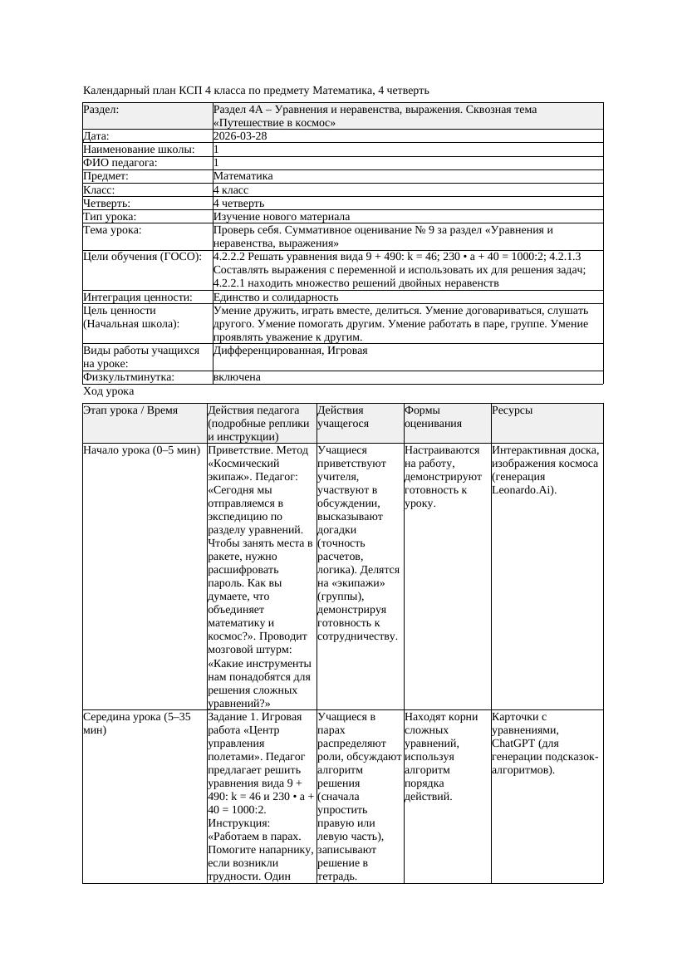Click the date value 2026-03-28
pyautogui.click(x=240, y=136)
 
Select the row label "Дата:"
pyautogui.click(x=96, y=136)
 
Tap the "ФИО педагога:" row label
pyautogui.click(x=120, y=163)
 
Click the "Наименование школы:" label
pyautogui.click(x=139, y=150)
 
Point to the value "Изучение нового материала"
pyautogui.click(x=282, y=216)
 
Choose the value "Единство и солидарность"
pyautogui.click(x=276, y=297)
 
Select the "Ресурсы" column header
pyautogui.click(x=512, y=410)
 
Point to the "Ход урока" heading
pyautogui.click(x=109, y=391)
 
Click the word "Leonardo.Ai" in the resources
pyautogui.click(x=520, y=490)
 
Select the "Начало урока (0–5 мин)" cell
pyautogui.click(x=142, y=450)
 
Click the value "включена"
pyautogui.click(x=237, y=377)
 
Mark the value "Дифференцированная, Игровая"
pyautogui.click(x=290, y=351)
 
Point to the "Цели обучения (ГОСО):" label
pyautogui.click(x=142, y=257)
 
